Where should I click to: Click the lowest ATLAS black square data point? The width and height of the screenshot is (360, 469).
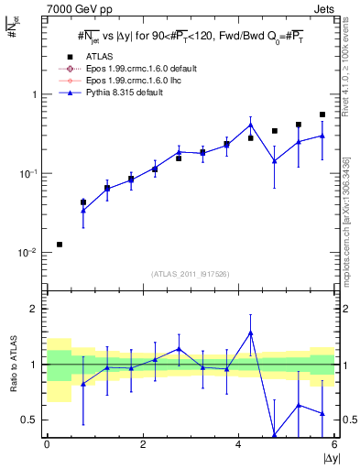(x=60, y=245)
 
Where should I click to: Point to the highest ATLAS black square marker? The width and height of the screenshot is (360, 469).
(x=322, y=115)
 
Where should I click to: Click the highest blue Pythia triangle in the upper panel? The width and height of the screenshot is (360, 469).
(x=250, y=125)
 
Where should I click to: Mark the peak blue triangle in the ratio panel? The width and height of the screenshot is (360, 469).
(x=250, y=333)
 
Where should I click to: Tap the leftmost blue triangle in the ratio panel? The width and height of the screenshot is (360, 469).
(x=83, y=384)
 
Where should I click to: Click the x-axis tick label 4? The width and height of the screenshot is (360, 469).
(x=239, y=444)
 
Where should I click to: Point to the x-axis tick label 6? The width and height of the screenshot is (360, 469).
(x=334, y=444)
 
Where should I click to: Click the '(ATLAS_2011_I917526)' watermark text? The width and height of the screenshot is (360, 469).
(x=191, y=274)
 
